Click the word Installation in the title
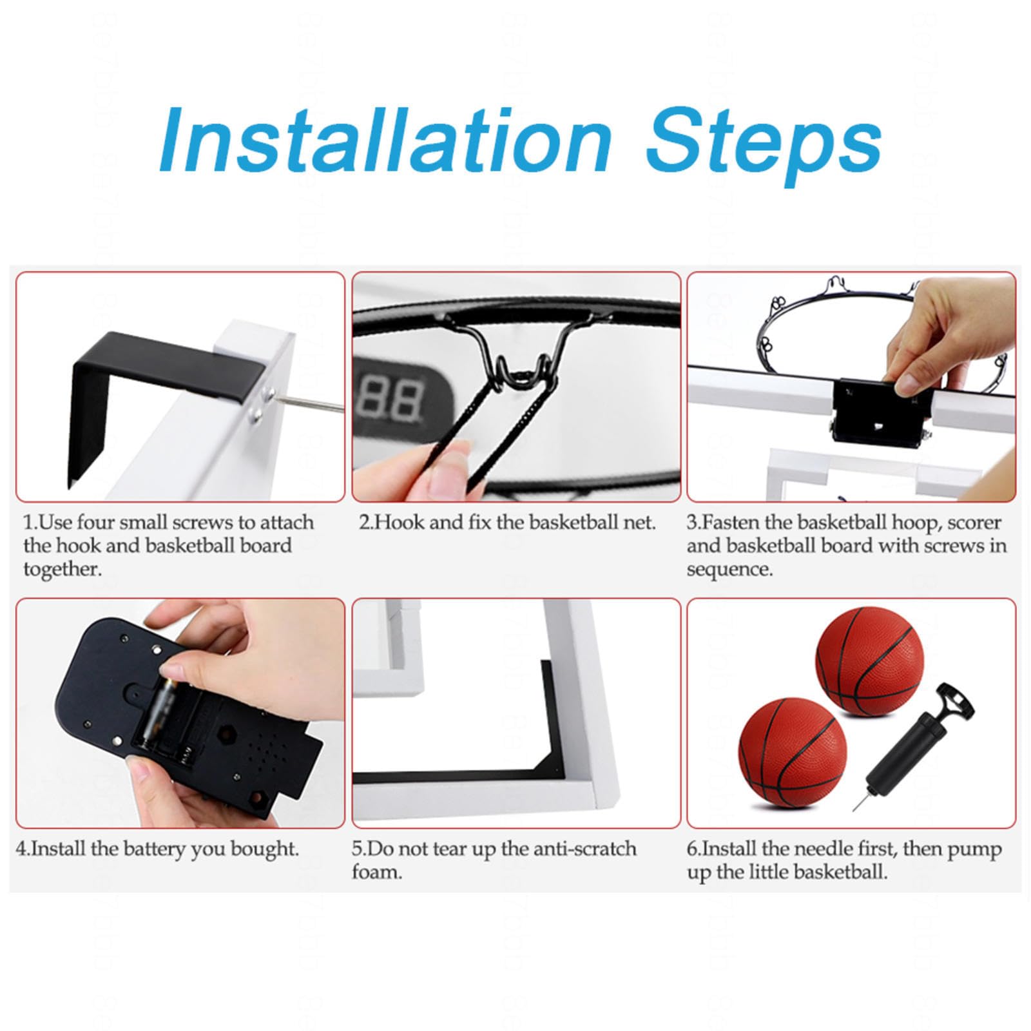[385, 139]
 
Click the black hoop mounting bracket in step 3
[876, 412]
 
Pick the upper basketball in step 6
[869, 660]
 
